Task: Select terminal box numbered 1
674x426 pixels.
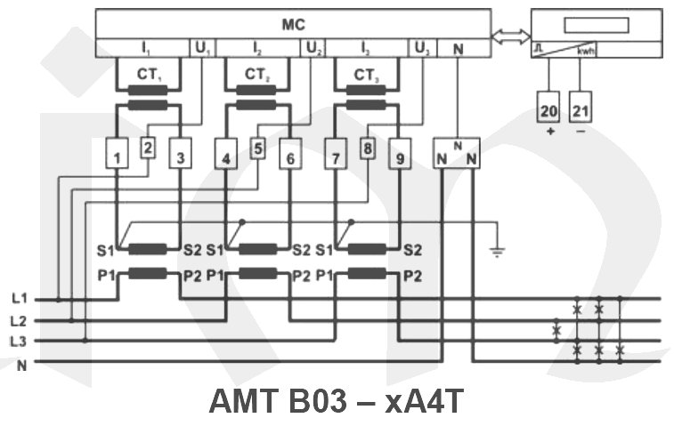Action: click(x=118, y=158)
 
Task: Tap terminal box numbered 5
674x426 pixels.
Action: click(x=258, y=149)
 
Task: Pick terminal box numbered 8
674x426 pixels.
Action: click(x=366, y=149)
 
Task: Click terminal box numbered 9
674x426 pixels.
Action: click(x=399, y=158)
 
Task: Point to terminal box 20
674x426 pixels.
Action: click(x=548, y=111)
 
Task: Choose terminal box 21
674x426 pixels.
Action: click(x=581, y=111)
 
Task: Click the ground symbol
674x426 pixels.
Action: click(x=498, y=252)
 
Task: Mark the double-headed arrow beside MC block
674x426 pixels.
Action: click(x=508, y=37)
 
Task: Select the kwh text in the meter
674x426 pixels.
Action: click(x=586, y=51)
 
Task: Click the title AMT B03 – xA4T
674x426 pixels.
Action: click(x=336, y=401)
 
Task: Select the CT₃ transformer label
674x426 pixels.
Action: click(x=363, y=74)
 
